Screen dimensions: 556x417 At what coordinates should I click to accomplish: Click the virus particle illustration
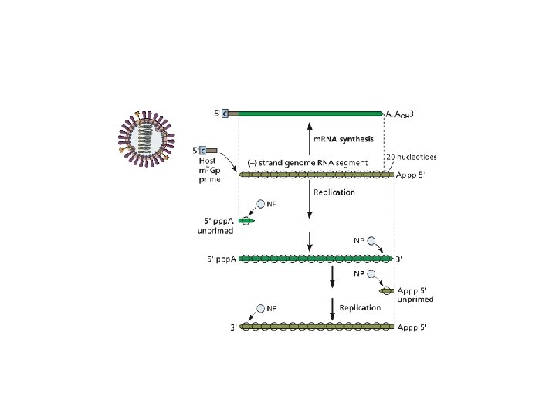[x=146, y=140]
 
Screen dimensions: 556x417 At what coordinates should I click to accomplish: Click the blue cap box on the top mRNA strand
[x=225, y=114]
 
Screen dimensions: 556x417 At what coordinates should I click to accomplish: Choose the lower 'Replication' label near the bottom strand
[x=360, y=307]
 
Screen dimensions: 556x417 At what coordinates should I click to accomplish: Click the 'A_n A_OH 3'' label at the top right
[x=402, y=114]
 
